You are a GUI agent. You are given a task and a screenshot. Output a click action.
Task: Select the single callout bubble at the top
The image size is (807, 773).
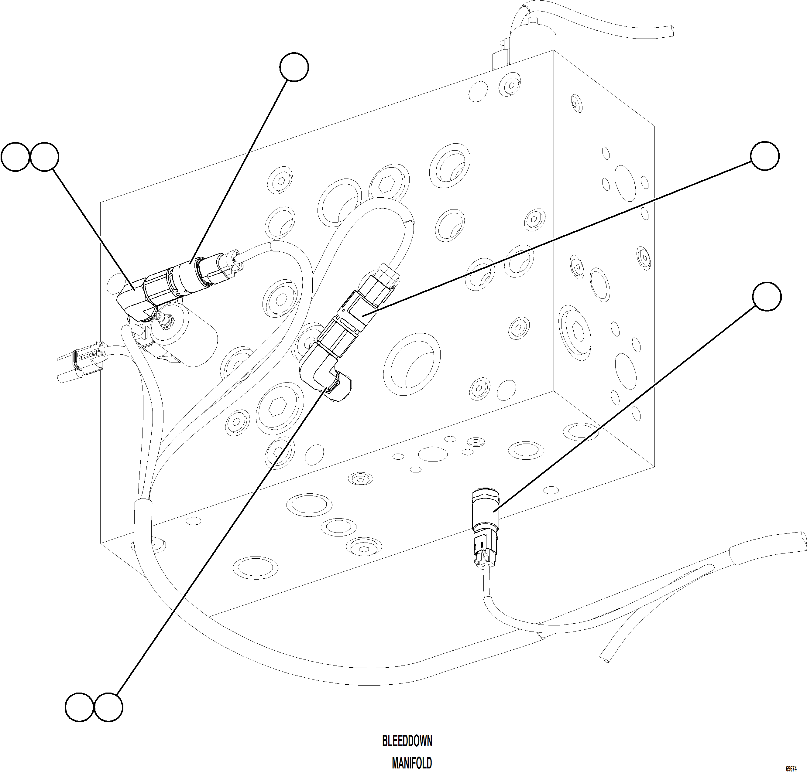click(294, 67)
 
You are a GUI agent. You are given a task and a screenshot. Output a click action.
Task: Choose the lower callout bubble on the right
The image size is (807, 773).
click(766, 296)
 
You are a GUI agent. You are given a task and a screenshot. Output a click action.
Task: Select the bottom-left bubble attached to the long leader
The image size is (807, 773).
click(108, 707)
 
